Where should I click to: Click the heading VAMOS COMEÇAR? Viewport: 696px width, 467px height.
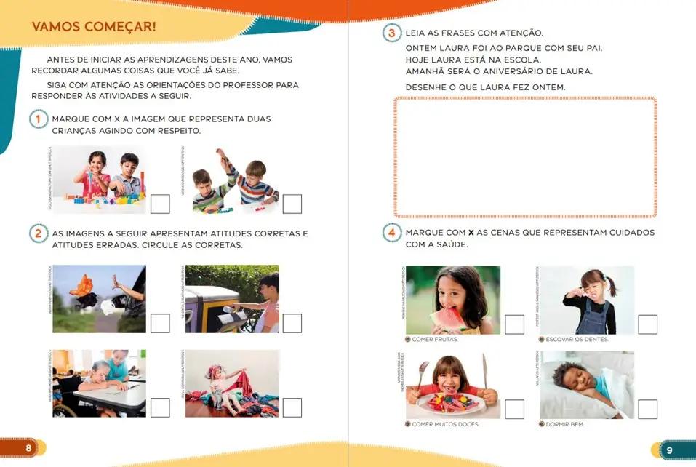coord(94,28)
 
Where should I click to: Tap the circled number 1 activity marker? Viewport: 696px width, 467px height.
coord(39,119)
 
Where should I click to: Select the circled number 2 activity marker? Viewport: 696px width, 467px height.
coord(39,233)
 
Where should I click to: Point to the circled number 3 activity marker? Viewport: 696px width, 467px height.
coord(392,33)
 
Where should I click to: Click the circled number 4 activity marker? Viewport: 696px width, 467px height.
coord(392,233)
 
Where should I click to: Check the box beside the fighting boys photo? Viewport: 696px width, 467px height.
coord(292,204)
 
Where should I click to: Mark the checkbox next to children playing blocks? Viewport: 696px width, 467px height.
coord(160,204)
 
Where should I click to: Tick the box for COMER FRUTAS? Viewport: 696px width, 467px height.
coord(514,324)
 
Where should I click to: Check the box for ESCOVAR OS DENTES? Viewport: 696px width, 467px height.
coord(647,324)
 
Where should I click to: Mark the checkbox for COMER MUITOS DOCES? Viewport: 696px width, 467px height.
coord(514,410)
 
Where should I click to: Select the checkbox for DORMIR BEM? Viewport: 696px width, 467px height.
coord(647,410)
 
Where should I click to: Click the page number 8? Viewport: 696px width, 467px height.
coord(28,448)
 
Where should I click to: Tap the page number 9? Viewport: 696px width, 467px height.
coord(669,450)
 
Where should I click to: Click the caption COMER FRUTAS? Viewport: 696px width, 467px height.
coord(435,340)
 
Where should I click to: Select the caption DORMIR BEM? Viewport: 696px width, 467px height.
coord(565,424)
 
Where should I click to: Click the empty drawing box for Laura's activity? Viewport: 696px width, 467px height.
coord(525,157)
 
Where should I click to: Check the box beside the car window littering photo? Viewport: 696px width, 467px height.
coord(160,323)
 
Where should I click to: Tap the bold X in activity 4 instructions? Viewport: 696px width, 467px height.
coord(471,233)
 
